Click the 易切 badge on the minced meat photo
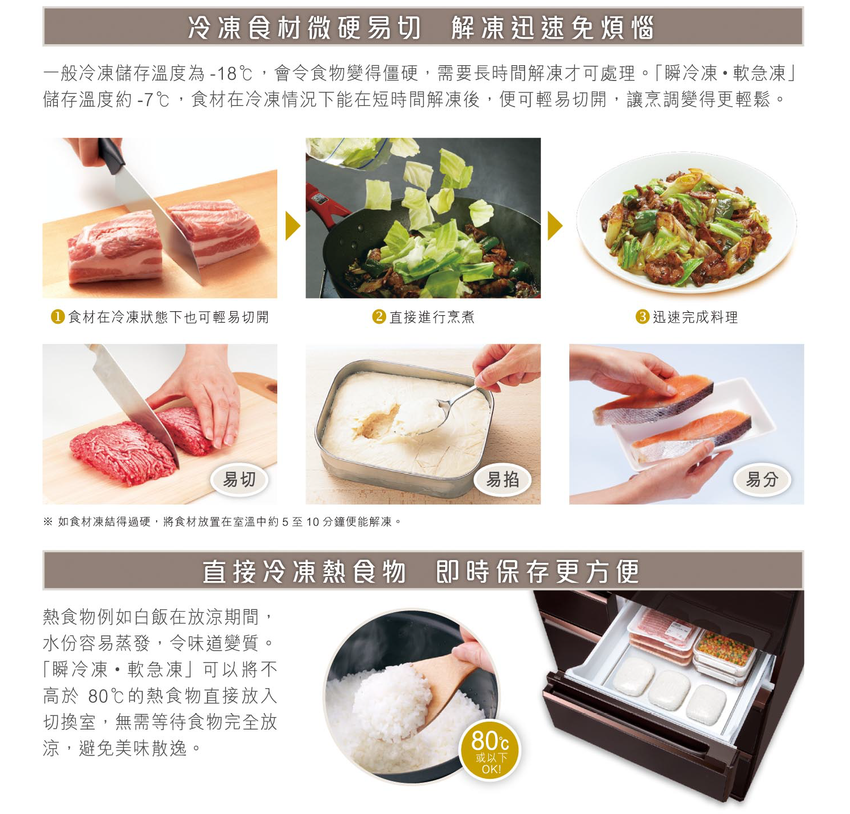click(x=239, y=480)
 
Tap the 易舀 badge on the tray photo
click(x=503, y=480)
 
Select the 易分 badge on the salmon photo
click(x=762, y=480)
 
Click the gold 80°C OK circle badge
click(x=490, y=750)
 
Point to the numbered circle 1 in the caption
click(x=57, y=317)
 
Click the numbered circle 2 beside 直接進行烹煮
click(x=379, y=317)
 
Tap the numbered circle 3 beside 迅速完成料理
click(x=642, y=317)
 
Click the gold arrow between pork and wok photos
click(x=293, y=226)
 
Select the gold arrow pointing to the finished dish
click(x=555, y=226)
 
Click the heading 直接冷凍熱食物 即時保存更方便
click(x=421, y=571)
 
